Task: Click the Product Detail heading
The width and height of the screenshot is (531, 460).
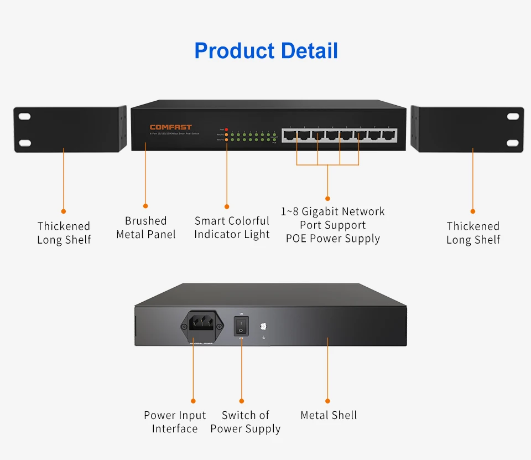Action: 266,50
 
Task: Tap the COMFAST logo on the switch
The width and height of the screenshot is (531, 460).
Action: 170,127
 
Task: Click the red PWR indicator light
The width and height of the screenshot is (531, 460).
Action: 226,129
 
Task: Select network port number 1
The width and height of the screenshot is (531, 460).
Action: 290,135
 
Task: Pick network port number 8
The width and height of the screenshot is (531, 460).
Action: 389,135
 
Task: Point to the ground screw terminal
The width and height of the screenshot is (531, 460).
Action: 263,327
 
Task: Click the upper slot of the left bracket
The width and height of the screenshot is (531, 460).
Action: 25,117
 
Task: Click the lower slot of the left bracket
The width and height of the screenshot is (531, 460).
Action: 25,143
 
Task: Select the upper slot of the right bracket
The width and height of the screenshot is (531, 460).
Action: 513,117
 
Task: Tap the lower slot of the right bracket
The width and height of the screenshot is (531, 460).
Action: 513,143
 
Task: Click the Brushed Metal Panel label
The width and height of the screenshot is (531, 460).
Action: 146,228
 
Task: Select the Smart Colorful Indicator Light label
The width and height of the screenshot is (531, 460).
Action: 232,228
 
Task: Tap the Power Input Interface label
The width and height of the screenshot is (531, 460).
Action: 175,422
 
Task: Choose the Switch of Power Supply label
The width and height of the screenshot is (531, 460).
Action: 246,422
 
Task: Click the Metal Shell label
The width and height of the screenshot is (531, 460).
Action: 329,415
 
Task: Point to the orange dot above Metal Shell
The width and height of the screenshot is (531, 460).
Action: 327,401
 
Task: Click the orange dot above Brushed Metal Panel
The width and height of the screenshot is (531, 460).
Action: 145,206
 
